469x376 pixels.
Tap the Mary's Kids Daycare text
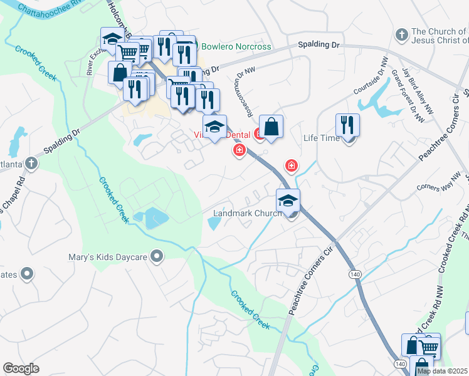108,256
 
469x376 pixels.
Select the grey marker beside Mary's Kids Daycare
157,256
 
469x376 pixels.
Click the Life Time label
320,138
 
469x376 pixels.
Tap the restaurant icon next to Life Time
347,125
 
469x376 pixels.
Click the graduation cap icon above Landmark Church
288,201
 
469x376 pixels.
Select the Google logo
21,368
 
